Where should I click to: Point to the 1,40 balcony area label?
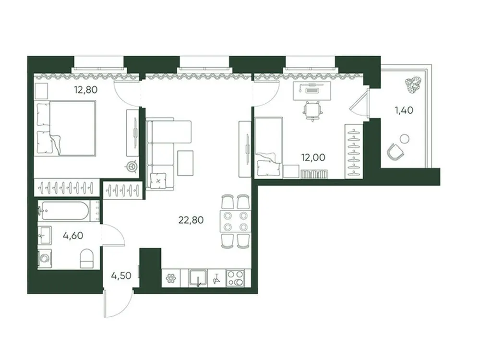pyautogui.click(x=404, y=110)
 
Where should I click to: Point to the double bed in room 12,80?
pyautogui.click(x=67, y=128)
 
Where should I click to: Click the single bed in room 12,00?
pyautogui.click(x=268, y=148)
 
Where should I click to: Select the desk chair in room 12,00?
pyautogui.click(x=311, y=110)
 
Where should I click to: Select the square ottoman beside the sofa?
pyautogui.click(x=185, y=163)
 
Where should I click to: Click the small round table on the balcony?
pyautogui.click(x=405, y=140)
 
